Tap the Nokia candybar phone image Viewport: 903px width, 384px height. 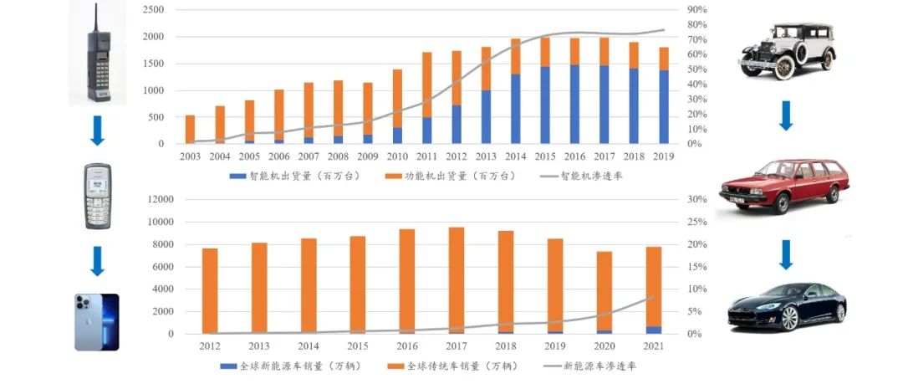click(98, 197)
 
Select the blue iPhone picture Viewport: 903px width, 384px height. click(97, 322)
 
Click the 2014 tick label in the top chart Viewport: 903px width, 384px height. click(515, 156)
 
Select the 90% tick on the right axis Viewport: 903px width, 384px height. click(697, 10)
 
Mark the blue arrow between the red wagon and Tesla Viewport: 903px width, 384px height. click(785, 254)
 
